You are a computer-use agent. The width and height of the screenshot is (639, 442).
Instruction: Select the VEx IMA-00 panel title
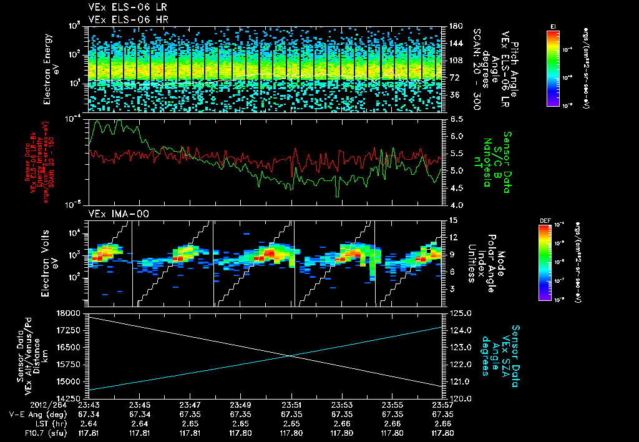(111, 214)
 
